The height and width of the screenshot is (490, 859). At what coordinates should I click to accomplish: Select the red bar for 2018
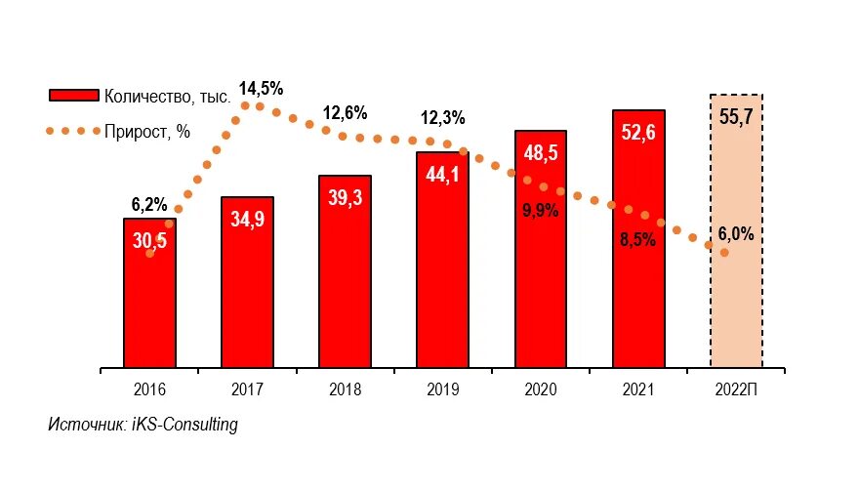[345, 283]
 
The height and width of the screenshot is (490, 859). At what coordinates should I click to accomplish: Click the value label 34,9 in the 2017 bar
[247, 219]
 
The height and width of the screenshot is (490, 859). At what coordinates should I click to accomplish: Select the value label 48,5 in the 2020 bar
[540, 152]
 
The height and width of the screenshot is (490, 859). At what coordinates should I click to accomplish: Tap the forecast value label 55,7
[736, 118]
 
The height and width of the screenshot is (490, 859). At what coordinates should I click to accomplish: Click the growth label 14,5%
[261, 89]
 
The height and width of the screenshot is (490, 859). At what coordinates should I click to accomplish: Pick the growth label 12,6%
[345, 113]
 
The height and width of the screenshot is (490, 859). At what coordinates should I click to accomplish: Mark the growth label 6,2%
[149, 205]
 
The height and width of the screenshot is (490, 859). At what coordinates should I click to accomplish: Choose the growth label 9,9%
[540, 210]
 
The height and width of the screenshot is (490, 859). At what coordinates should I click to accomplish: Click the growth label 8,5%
[637, 240]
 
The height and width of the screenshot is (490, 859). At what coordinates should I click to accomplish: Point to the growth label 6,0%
[736, 234]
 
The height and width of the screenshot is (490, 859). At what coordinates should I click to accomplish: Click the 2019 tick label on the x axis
[442, 389]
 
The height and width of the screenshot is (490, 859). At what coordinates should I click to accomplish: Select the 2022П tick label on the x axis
[736, 389]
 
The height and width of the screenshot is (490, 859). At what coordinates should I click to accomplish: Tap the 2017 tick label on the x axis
[247, 389]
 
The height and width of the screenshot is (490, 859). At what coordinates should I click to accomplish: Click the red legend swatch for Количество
[73, 96]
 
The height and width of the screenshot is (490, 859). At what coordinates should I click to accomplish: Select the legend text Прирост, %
[146, 132]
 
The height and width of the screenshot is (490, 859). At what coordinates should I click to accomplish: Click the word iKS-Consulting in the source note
[184, 425]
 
